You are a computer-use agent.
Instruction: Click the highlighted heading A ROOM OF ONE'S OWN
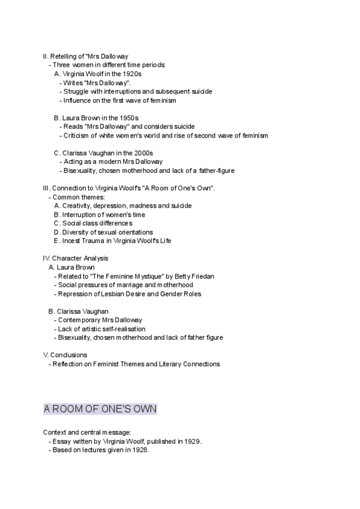(x=100, y=409)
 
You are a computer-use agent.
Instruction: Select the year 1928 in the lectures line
(x=138, y=450)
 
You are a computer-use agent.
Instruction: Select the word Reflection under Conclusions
(x=68, y=364)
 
